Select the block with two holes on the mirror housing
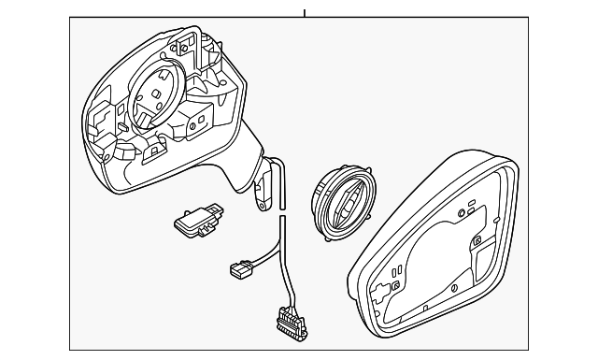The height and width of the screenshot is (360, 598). pyautogui.click(x=201, y=122)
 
